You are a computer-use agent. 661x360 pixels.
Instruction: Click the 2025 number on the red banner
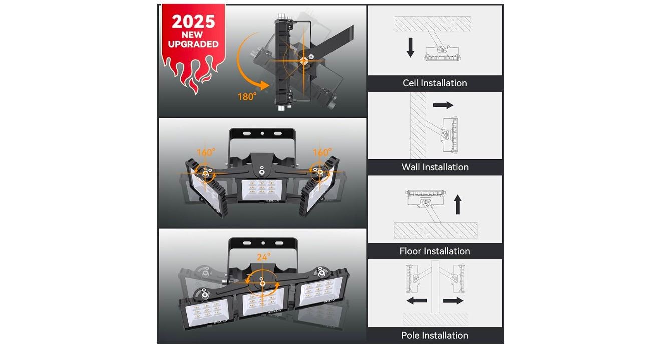click(193, 22)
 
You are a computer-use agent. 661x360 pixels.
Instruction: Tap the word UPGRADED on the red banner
click(193, 44)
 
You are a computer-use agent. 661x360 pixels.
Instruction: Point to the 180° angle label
click(247, 97)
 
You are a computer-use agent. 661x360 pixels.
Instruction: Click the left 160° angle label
click(206, 152)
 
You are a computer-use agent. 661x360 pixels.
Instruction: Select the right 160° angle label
click(322, 152)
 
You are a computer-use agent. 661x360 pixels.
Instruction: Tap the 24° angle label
click(264, 257)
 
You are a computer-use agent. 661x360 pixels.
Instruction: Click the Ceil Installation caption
click(435, 83)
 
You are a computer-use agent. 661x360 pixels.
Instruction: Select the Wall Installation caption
click(435, 167)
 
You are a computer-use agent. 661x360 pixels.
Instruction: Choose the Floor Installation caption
click(435, 251)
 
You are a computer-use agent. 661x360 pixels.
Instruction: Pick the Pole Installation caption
click(435, 335)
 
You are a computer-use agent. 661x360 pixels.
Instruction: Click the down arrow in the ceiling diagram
click(410, 47)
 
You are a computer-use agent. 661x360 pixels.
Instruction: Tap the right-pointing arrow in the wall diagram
click(443, 105)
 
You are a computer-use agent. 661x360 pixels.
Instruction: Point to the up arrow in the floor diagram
click(458, 204)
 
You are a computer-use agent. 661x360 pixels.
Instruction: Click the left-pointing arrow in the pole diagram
click(416, 301)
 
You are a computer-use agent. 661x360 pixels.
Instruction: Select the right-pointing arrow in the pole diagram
click(453, 301)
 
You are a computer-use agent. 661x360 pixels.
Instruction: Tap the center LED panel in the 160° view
click(262, 189)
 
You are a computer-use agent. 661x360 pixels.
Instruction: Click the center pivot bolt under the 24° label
click(262, 283)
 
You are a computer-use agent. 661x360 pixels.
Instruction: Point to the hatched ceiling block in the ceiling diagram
click(433, 24)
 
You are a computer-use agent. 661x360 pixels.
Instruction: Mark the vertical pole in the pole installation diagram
click(435, 287)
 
